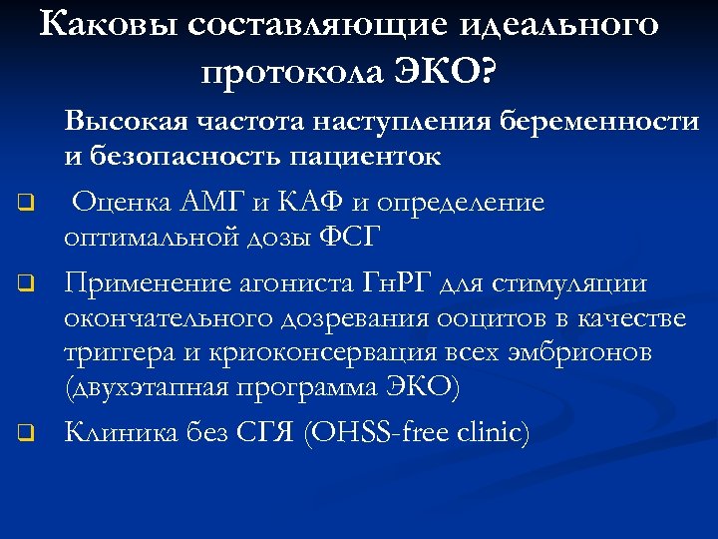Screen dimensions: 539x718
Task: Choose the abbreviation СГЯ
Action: click(x=262, y=432)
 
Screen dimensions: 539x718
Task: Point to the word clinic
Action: click(x=493, y=432)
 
